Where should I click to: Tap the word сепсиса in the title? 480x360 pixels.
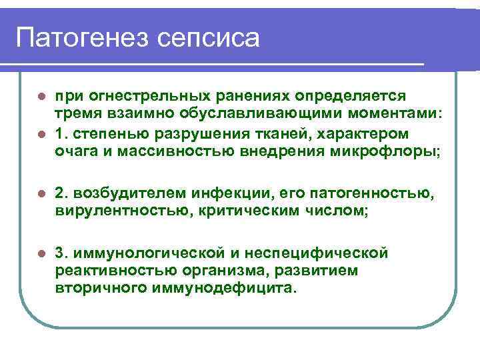(209, 37)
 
